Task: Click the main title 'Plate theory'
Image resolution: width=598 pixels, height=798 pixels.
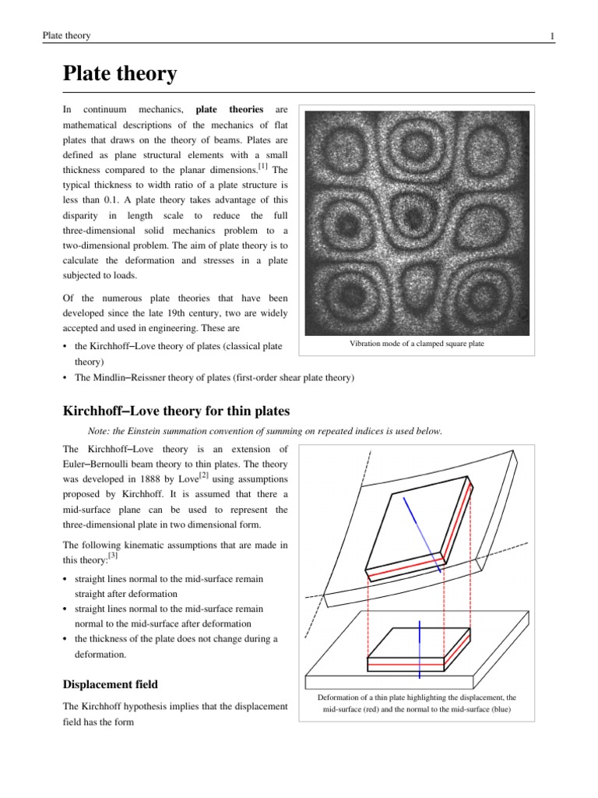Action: [x=119, y=74]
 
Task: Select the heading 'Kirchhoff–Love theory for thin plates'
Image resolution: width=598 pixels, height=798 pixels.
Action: [x=176, y=411]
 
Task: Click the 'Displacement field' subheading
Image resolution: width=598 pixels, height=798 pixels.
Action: [x=110, y=684]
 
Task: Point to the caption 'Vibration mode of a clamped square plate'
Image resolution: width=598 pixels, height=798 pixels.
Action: [x=417, y=344]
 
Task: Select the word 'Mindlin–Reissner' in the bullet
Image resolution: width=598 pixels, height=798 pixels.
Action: [x=129, y=378]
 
